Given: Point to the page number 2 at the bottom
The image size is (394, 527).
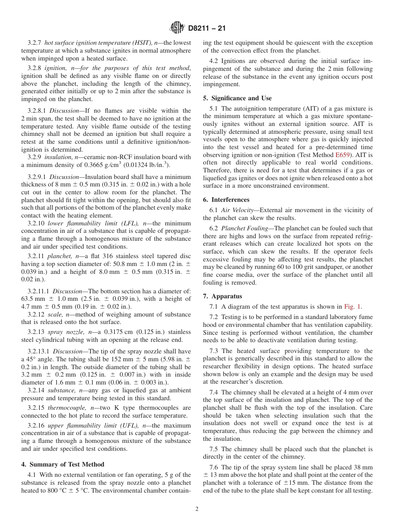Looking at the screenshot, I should (197, 509).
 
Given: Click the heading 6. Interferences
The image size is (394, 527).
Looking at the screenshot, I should (226, 199).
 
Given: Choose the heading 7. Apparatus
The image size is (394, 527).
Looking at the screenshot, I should (222, 296).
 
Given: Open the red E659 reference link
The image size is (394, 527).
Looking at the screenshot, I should (343, 155).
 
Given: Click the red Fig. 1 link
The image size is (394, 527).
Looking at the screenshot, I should (353, 307).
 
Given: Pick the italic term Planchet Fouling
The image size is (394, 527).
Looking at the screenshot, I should (245, 228).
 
